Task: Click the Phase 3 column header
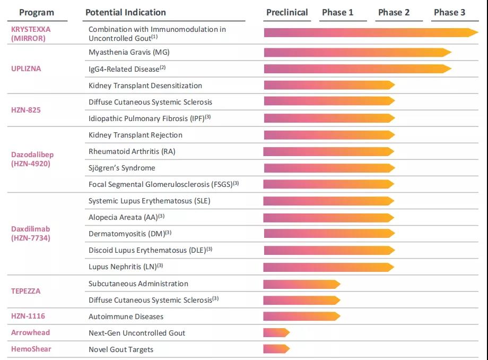(x=450, y=12)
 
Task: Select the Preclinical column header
(x=287, y=12)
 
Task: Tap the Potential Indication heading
(x=126, y=12)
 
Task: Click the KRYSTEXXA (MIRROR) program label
(x=31, y=34)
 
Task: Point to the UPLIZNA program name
(x=26, y=68)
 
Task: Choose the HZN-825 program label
(x=26, y=110)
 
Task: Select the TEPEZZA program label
(x=26, y=291)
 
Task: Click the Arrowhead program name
(x=30, y=332)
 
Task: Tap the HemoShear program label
(x=31, y=349)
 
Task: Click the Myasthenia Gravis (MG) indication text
(x=129, y=52)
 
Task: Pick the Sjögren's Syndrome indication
(x=122, y=168)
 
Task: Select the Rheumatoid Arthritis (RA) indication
(x=132, y=151)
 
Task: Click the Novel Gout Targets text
(x=121, y=349)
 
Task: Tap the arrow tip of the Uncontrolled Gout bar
(x=475, y=33)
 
